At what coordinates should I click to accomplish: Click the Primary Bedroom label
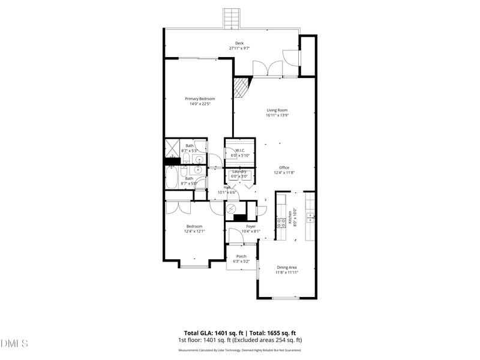coord(199,98)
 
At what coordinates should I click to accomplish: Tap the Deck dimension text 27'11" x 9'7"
coord(239,49)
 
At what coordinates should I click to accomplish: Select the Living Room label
coord(277,110)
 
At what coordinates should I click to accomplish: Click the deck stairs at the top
coord(231,18)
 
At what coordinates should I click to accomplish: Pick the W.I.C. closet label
coord(239,151)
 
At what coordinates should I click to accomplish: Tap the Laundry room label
coord(239,172)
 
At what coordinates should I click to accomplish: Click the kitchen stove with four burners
coord(280,223)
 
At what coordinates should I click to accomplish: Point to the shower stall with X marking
coord(173,147)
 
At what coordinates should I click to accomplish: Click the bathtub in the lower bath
coord(173,179)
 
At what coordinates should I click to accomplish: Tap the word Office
coord(284,167)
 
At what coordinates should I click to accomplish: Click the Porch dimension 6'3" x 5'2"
coord(241,261)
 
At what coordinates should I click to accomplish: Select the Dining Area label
coord(287,267)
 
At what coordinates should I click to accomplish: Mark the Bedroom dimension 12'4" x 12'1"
coord(193,231)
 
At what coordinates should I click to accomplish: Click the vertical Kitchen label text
coord(289,216)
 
